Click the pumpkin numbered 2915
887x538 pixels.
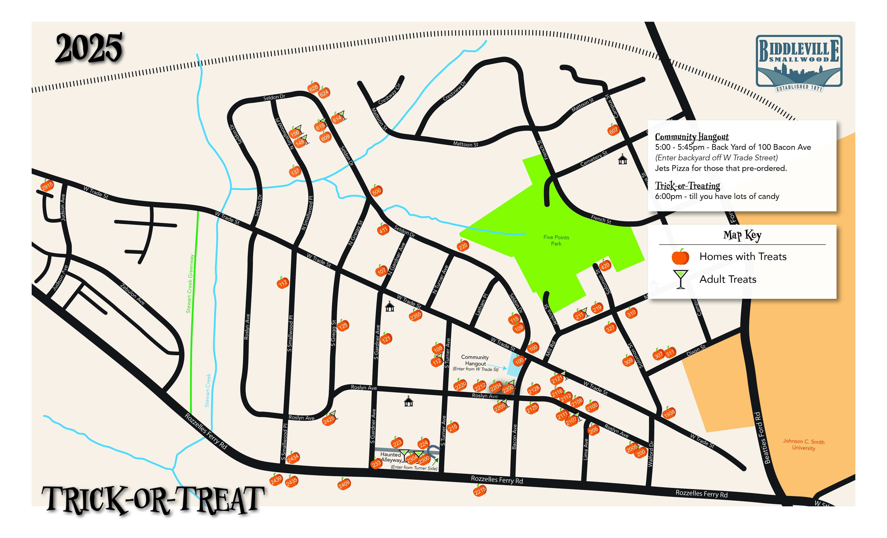click(47, 186)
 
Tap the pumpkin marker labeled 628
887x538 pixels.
click(314, 87)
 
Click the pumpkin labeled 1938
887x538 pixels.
click(669, 414)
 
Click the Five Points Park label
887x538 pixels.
click(556, 240)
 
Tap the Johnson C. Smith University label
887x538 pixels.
click(804, 445)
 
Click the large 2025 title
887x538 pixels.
click(89, 48)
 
